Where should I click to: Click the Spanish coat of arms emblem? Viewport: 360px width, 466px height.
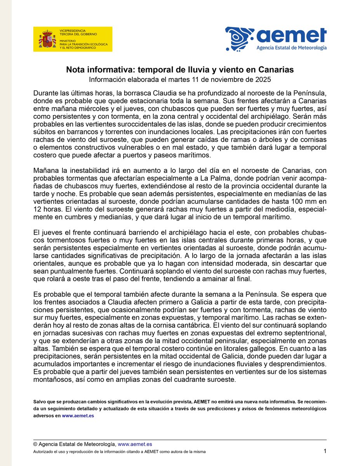pos(46,39)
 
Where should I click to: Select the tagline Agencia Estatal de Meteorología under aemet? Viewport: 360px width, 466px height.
pos(292,48)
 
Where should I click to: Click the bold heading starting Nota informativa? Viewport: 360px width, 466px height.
pos(180,70)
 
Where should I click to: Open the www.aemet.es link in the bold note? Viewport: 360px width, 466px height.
pos(78,416)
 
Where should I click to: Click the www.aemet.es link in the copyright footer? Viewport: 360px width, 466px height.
pos(135,444)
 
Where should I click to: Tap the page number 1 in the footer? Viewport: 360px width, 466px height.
pos(325,451)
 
